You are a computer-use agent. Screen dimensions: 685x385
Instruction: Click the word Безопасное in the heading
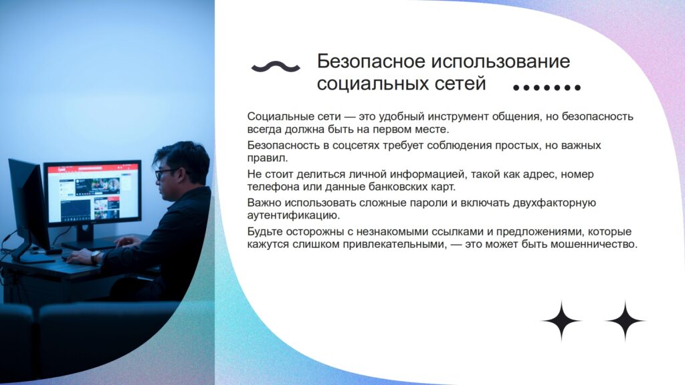tap(371, 61)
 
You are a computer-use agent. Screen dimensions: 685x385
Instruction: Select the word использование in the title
tap(500, 61)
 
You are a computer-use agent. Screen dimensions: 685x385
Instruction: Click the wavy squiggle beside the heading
tap(276, 67)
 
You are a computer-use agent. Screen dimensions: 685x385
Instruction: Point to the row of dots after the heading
tap(547, 88)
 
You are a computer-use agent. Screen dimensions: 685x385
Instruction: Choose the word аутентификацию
tap(293, 215)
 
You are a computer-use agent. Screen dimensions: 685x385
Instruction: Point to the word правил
tap(268, 158)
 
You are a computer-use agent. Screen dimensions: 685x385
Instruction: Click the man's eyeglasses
tap(165, 173)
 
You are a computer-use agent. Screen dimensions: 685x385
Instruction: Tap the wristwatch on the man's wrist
tap(95, 257)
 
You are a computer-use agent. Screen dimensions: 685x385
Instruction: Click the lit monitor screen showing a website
tap(93, 192)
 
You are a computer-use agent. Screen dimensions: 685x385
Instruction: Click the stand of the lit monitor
tap(85, 236)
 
